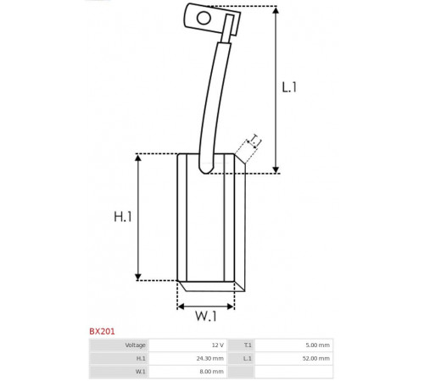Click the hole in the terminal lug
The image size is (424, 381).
[204, 18]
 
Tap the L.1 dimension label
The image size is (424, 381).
[289, 87]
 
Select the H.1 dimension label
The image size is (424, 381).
[123, 217]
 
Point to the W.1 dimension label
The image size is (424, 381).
[206, 316]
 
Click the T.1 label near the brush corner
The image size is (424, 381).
[254, 141]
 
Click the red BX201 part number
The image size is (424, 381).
[102, 331]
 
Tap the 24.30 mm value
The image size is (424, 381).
[210, 358]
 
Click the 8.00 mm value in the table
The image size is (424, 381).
[211, 372]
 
